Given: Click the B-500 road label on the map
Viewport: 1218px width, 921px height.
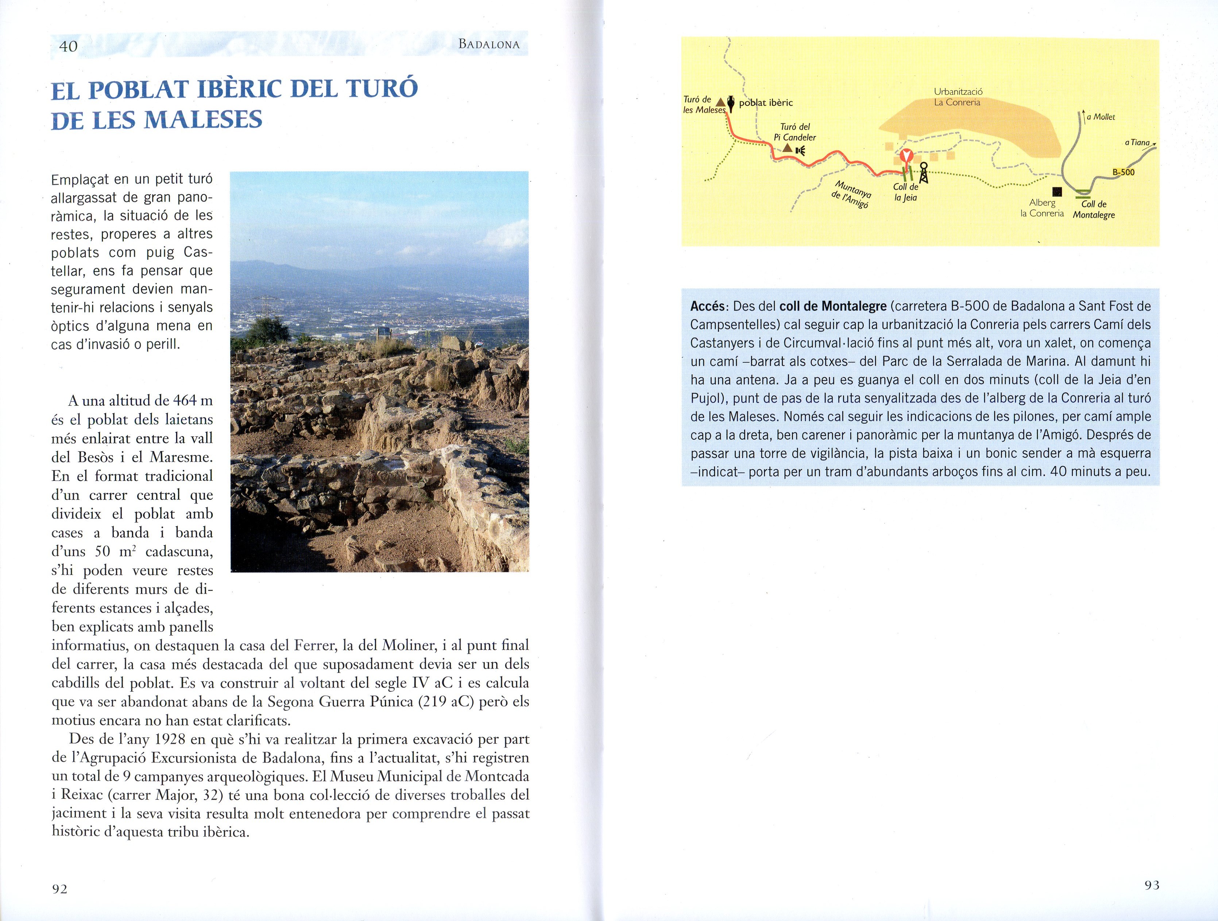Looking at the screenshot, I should (1123, 172).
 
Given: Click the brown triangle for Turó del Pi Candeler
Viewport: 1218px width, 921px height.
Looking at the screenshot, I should (788, 148).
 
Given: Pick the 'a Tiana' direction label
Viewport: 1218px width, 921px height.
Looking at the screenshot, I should (1138, 143).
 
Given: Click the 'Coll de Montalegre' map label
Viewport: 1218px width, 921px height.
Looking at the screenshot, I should (1094, 209).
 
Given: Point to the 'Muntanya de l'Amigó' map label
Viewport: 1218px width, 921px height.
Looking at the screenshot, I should (852, 194).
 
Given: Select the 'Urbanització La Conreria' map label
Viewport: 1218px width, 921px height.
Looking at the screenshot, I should (958, 97).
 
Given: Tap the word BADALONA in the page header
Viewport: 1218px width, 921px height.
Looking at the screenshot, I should (489, 44).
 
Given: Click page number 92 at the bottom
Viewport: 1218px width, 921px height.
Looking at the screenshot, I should (59, 889).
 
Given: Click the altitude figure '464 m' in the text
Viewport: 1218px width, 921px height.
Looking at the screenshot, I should (193, 401).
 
